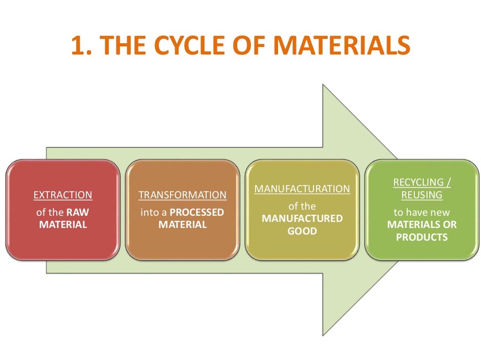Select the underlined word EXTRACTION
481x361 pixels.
point(63,195)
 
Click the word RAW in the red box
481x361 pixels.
point(80,212)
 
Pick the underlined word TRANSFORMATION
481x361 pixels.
point(182,195)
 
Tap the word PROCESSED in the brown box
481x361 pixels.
point(197,212)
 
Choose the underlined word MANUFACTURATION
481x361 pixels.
point(302,189)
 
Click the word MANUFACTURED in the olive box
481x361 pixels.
point(302,219)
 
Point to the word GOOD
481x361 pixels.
point(302,231)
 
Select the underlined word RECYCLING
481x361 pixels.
point(418,182)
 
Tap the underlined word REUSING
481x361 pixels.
point(422,194)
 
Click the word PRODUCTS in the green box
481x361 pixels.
point(422,237)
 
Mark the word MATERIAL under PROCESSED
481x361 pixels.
point(182,225)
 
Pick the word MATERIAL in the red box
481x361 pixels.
point(63,225)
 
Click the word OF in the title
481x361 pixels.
point(248,46)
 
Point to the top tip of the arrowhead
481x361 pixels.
point(324,85)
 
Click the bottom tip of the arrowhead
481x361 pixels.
point(324,335)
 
